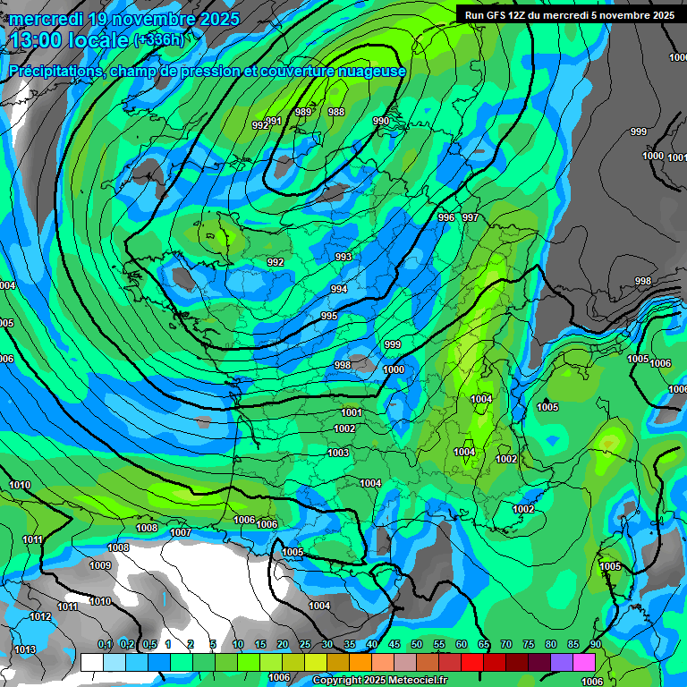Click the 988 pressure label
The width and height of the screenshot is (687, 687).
coord(336,112)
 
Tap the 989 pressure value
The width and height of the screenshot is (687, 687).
coord(304,112)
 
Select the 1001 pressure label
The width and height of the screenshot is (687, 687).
coord(352,412)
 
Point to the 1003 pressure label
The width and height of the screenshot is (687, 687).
coord(338,454)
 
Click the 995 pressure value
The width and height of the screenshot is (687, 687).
coord(329,317)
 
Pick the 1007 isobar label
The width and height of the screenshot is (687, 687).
coord(181,532)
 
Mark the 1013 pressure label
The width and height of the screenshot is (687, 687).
coord(25,649)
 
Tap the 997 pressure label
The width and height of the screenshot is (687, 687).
coord(471,217)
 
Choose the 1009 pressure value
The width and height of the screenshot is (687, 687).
coord(100,565)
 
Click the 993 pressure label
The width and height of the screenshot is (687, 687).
coord(343,257)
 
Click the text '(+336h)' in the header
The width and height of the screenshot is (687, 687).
coord(158,39)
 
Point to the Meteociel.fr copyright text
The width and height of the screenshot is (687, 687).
coord(380,681)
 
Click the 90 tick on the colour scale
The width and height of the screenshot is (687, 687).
coord(595,645)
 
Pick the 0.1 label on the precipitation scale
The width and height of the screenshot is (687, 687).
coord(105,645)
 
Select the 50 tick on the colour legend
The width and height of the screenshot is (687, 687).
coord(417,645)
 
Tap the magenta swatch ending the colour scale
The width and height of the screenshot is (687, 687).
coord(584,662)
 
